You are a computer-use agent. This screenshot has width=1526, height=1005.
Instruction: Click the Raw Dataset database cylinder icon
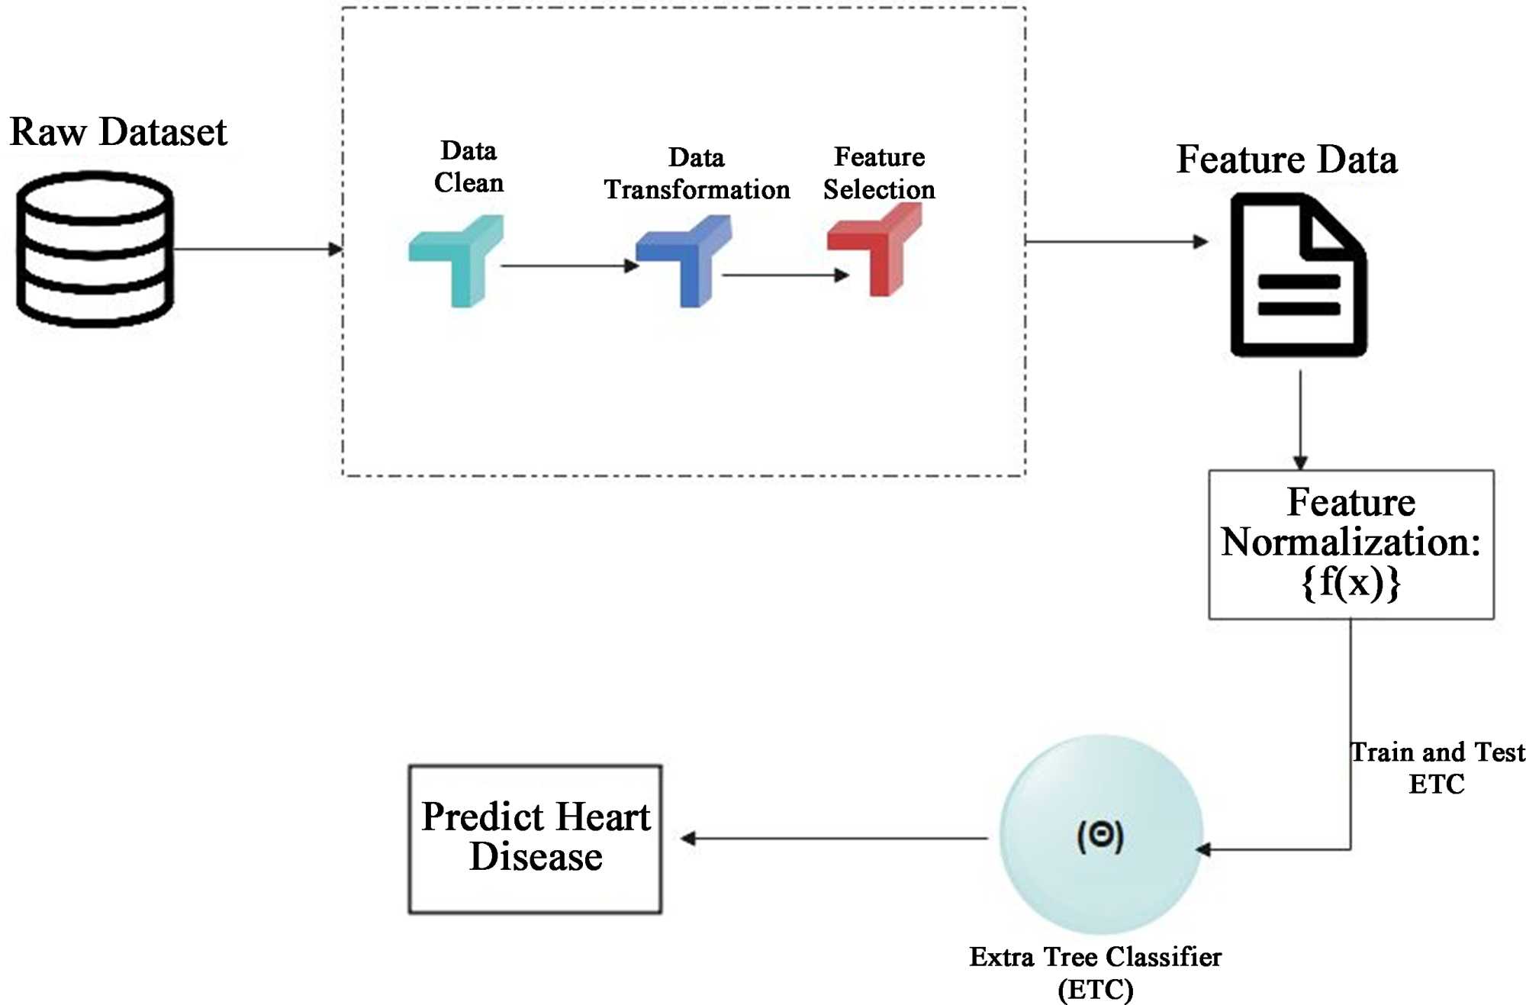(x=95, y=249)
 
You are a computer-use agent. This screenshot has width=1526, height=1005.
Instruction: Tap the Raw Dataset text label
(x=118, y=131)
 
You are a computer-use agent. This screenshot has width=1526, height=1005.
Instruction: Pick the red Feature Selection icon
(x=876, y=248)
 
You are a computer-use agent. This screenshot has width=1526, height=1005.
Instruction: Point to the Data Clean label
(x=468, y=166)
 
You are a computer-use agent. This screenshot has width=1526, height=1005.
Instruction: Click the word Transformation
(x=697, y=189)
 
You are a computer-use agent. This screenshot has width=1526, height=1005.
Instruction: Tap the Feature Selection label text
(x=879, y=172)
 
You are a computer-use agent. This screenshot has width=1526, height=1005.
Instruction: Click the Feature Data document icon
(x=1298, y=275)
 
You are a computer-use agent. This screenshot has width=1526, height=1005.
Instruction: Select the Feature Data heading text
(x=1286, y=159)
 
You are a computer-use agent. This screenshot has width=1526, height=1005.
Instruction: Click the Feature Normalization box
(x=1351, y=543)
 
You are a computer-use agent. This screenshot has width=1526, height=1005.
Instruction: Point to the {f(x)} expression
(x=1351, y=582)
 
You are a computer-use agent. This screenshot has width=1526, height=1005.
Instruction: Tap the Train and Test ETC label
(x=1437, y=768)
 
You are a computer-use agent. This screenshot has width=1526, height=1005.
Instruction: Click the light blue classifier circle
(x=1100, y=834)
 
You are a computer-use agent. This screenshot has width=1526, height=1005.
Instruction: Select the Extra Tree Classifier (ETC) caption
(x=1095, y=972)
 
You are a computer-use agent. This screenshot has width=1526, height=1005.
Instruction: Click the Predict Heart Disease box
(x=535, y=838)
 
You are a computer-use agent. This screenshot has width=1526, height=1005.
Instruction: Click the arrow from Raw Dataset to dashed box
(x=256, y=249)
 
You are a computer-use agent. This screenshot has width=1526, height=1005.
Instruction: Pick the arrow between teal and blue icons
(x=568, y=266)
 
